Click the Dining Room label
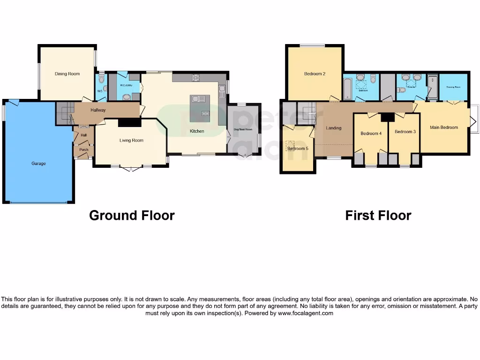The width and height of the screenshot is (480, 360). (67, 74)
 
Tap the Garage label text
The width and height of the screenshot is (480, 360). (38, 164)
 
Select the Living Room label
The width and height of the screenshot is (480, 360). (131, 140)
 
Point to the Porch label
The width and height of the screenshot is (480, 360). (84, 150)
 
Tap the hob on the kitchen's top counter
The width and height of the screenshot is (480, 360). (196, 77)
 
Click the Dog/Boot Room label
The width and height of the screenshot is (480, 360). (243, 129)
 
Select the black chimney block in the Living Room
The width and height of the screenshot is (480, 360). (129, 122)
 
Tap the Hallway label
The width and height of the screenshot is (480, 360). (98, 110)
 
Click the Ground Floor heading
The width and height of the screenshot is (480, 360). (132, 215)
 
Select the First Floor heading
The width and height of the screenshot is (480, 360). (378, 215)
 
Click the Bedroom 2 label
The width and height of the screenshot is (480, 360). (315, 74)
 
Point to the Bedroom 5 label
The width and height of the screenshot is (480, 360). (298, 149)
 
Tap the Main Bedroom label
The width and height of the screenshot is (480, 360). (443, 127)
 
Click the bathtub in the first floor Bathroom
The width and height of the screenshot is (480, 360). (347, 90)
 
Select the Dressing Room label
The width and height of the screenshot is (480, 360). (453, 87)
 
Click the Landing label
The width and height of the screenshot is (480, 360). (334, 128)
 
